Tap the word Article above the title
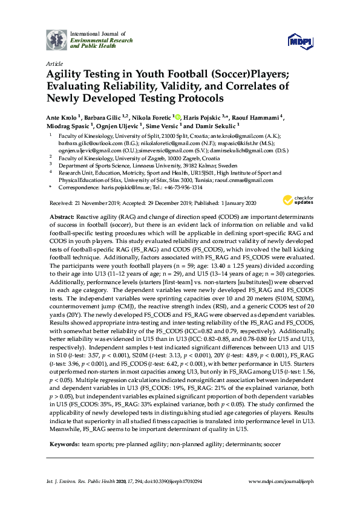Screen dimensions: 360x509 pos(53,62)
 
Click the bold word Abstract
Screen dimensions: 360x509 pos(62,216)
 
